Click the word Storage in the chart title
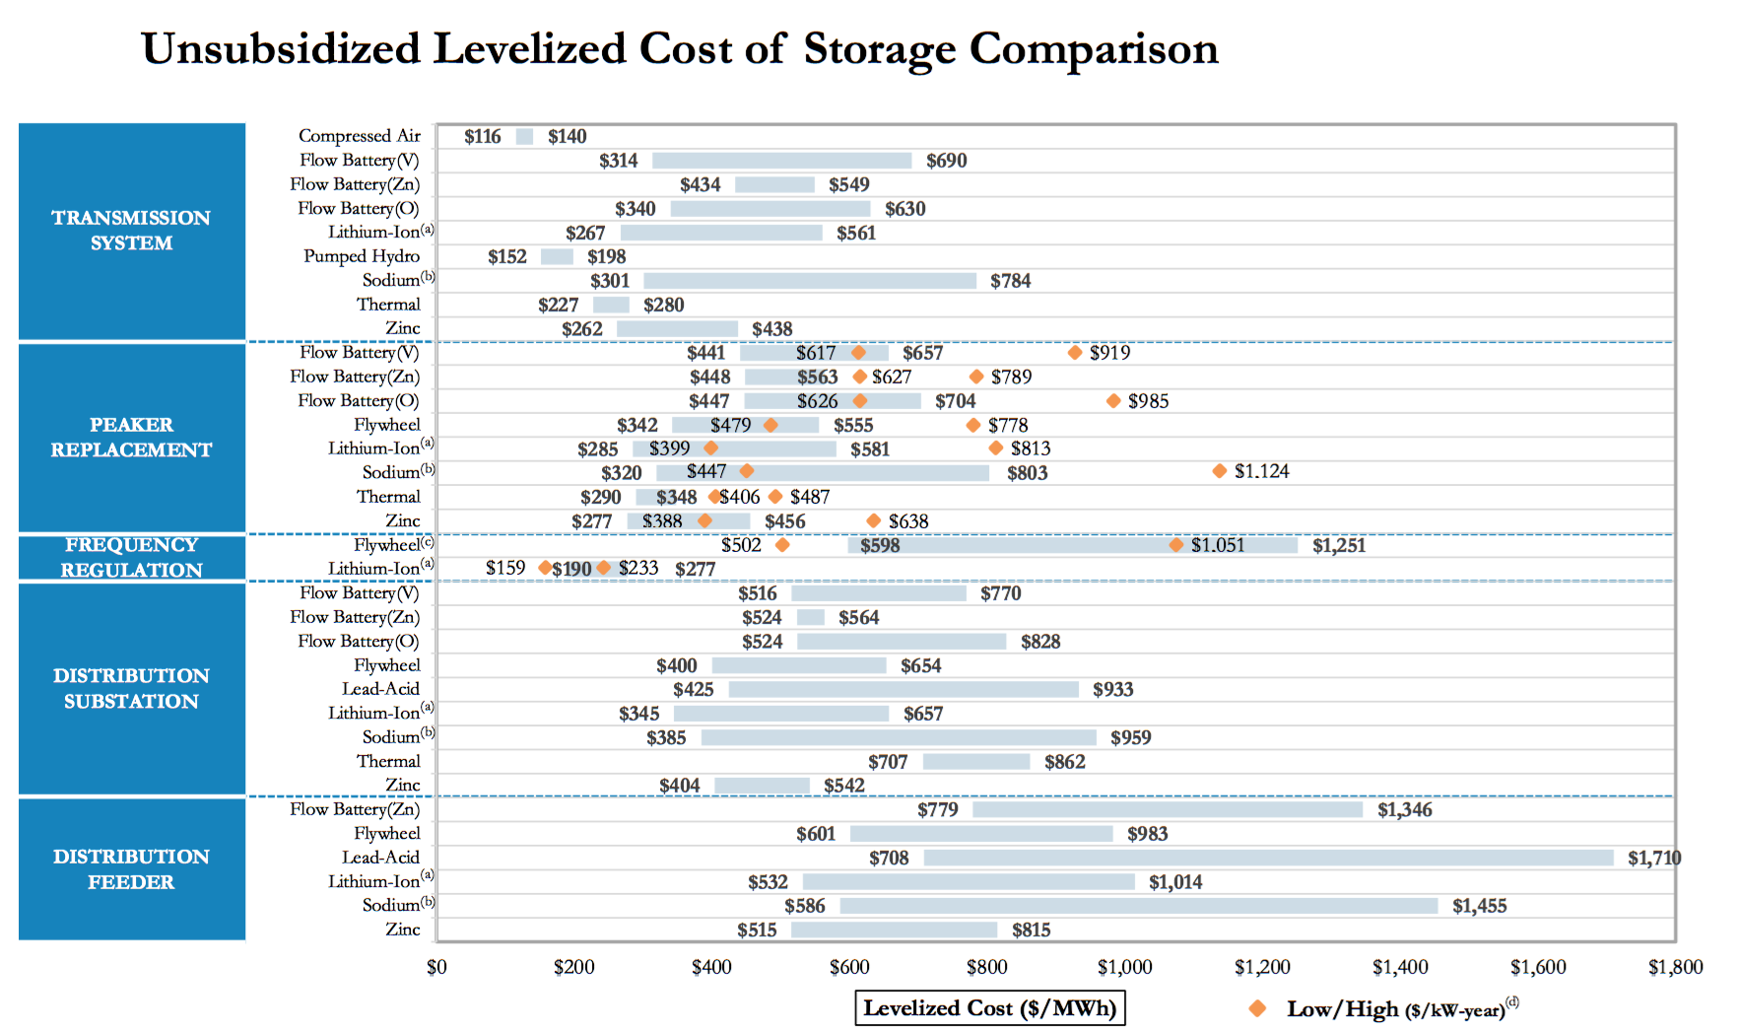coord(879,49)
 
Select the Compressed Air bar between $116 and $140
coord(524,137)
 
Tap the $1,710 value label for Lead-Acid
coord(1654,859)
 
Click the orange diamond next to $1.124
coord(1220,471)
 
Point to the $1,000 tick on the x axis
coord(1124,967)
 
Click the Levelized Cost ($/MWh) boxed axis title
coord(989,1008)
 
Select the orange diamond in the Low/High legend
coord(1257,1008)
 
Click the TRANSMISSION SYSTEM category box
coord(132,231)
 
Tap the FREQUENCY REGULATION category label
coord(132,557)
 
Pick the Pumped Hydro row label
coord(362,256)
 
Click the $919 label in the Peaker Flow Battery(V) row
coord(1109,353)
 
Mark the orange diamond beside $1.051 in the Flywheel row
coord(1176,545)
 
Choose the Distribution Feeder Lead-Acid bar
coord(1268,859)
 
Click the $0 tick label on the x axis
coord(436,967)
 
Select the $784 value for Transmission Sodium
coord(1011,281)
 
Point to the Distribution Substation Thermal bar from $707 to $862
coord(976,762)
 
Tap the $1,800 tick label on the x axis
coord(1675,967)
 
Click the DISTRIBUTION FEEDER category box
coord(132,869)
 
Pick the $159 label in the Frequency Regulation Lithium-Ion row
coord(505,568)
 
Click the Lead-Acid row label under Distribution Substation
coord(380,689)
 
